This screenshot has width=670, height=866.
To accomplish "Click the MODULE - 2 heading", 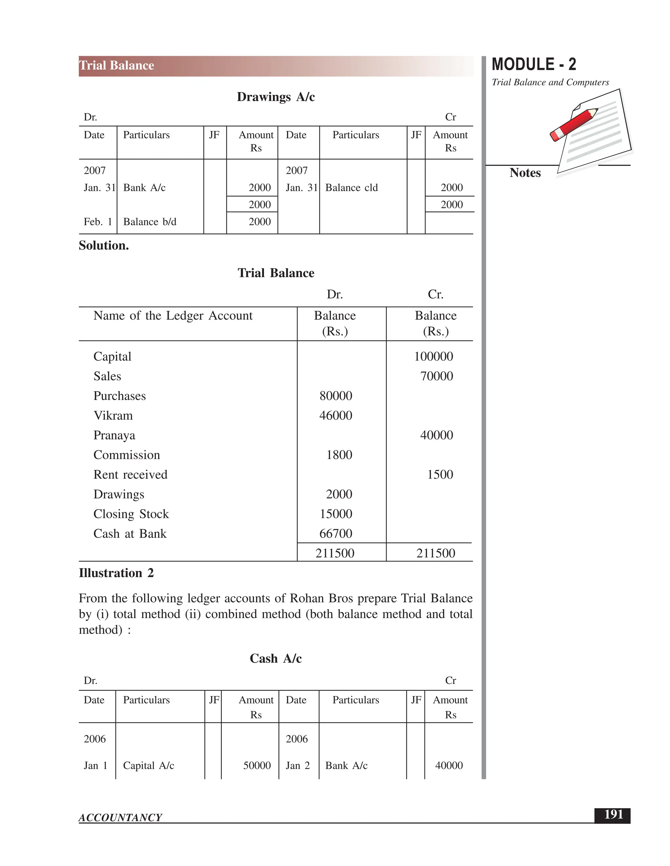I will pos(534,64).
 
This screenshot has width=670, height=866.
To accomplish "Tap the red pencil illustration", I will pos(574,124).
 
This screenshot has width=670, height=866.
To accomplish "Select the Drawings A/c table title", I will pos(275,97).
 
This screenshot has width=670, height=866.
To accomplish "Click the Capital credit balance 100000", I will pos(433,357).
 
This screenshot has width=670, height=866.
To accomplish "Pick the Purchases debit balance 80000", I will pos(336,396).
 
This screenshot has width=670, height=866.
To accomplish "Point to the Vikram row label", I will pos(113,416).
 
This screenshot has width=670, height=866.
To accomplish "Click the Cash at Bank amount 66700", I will pos(336,533).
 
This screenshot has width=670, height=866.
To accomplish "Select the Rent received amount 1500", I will pos(440,474).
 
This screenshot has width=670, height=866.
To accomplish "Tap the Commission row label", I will pos(127,455).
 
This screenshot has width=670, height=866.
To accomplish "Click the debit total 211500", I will pos(335,553).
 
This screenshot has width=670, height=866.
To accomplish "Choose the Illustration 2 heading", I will pos(116,573).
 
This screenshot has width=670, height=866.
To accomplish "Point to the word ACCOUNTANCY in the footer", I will pos(120,818).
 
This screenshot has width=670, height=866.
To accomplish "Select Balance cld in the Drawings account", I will pos(351,188).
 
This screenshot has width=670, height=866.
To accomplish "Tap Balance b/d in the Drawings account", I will pos(150,222).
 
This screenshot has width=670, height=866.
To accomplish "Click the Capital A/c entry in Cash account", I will pos(149,765).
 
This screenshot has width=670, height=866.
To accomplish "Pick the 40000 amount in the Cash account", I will pos(449,765).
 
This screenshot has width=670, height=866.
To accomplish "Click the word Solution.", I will pos(104,245).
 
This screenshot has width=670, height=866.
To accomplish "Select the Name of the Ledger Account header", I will pos(173,316).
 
